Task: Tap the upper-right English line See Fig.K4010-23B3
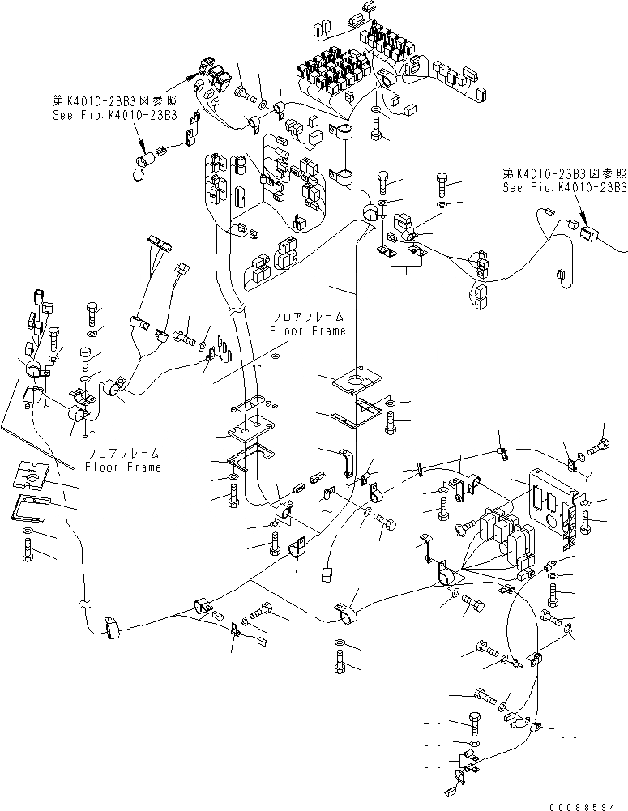coord(565,187)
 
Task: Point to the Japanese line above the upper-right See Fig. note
coord(565,174)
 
